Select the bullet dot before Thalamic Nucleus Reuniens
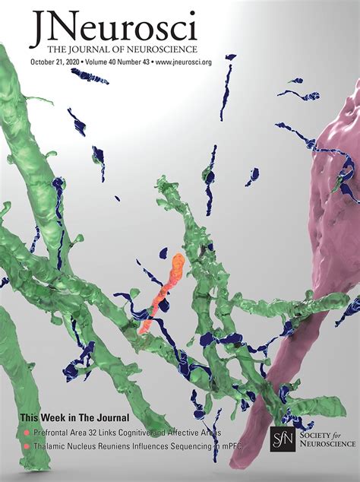26,446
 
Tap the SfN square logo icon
282,439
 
